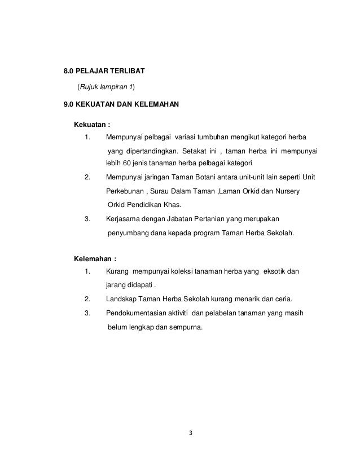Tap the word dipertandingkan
coord(148,151)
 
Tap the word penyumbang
coord(127,232)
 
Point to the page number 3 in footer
coord(191,433)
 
